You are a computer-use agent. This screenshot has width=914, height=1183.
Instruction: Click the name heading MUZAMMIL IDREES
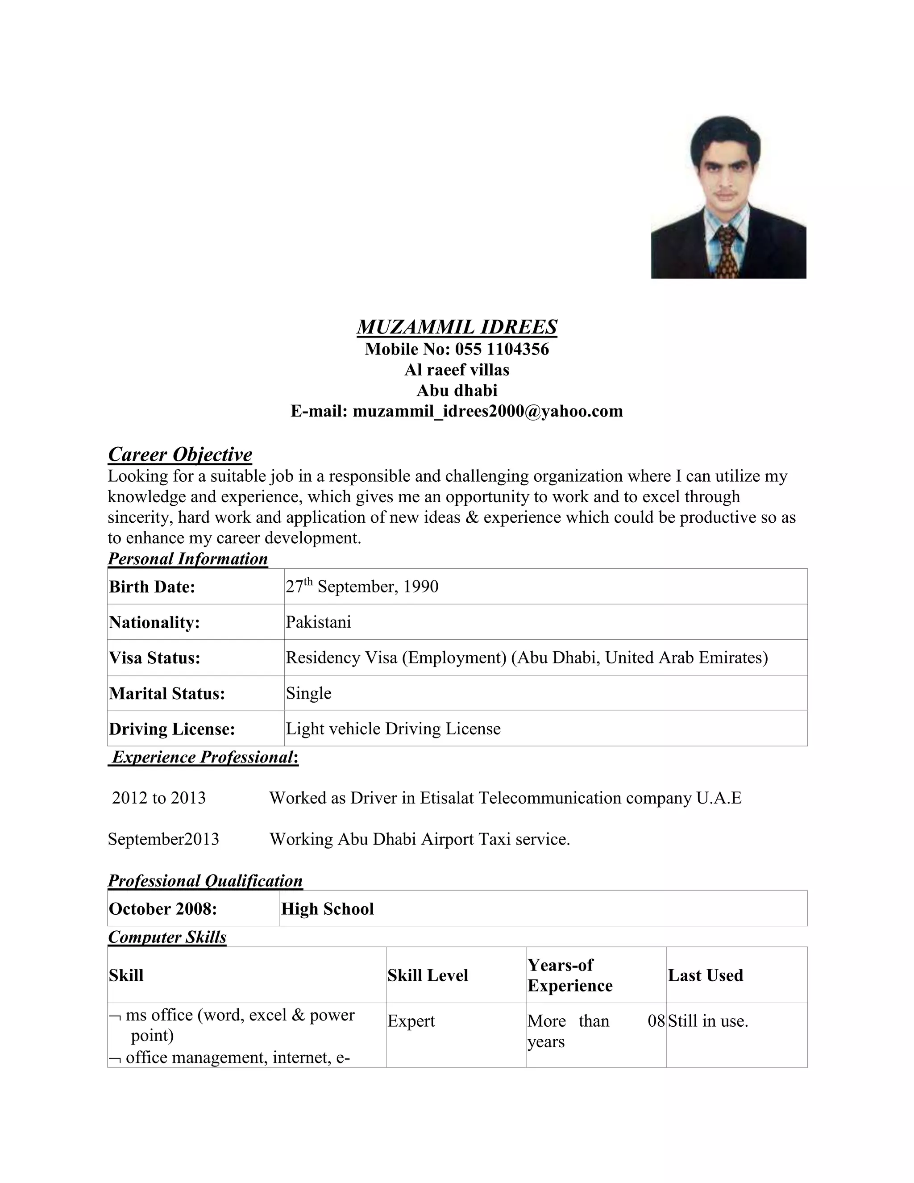pos(457,327)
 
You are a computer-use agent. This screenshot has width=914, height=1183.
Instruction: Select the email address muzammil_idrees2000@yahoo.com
pos(488,411)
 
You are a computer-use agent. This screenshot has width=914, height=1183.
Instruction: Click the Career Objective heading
pos(180,454)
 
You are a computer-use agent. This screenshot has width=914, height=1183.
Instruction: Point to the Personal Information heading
pos(187,558)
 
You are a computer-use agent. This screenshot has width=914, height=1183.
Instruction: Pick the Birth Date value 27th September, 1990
pos(361,587)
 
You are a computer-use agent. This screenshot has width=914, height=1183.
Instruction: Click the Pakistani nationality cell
pos(318,622)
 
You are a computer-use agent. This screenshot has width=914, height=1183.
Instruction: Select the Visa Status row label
pos(154,658)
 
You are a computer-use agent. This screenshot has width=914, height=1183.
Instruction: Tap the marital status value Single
pos(309,693)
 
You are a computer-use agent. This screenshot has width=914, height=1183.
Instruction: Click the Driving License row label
pos(172,729)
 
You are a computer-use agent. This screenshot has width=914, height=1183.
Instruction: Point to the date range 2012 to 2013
pos(158,798)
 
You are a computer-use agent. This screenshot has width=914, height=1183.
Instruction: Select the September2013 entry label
pos(163,839)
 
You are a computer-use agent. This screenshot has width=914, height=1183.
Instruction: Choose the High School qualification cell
pos(328,909)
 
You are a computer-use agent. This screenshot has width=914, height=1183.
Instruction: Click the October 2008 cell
pos(162,909)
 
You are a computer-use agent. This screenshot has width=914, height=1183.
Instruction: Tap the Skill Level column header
pos(427,975)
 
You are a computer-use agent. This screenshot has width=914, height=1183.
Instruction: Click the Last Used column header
pos(705,975)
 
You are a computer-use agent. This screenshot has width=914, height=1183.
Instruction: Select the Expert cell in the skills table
pos(411,1021)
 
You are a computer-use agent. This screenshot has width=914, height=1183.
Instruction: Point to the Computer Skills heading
pos(167,937)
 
